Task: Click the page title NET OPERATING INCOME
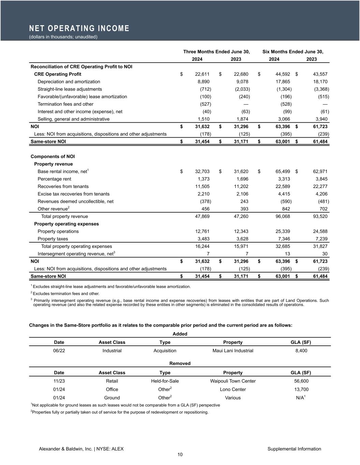[x=79, y=28]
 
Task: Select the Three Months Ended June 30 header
[x=216, y=52]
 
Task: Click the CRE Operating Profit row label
[x=58, y=74]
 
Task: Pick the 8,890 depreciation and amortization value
[x=204, y=82]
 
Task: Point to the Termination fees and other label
[x=66, y=104]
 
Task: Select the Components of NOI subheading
[x=53, y=157]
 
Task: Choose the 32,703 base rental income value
[x=202, y=172]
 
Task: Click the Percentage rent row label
[x=54, y=179]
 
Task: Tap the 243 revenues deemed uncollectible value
[x=244, y=202]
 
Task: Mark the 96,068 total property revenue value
[x=283, y=217]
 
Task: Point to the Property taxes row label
[x=53, y=239]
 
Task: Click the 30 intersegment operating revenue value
[x=325, y=254]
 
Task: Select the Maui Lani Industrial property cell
[x=233, y=351]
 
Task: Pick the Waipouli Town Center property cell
[x=233, y=381]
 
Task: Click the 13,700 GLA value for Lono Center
[x=302, y=389]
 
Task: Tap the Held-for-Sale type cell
[x=165, y=381]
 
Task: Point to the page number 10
[x=180, y=454]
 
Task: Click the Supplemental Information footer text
[x=294, y=449]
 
